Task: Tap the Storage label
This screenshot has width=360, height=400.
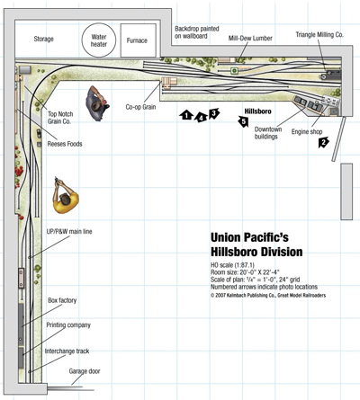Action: click(x=44, y=39)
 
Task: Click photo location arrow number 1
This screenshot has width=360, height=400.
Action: click(x=186, y=115)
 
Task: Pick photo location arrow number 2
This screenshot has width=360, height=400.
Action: click(x=323, y=142)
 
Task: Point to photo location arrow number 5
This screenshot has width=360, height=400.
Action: click(x=243, y=121)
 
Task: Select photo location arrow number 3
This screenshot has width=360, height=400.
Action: click(x=214, y=113)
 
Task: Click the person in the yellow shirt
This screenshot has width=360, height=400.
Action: click(x=65, y=196)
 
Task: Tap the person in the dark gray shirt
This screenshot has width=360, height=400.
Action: click(x=96, y=103)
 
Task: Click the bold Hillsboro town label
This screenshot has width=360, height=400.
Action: click(x=257, y=111)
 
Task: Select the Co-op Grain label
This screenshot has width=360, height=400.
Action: click(x=140, y=107)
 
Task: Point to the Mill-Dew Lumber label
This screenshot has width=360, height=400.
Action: click(x=250, y=39)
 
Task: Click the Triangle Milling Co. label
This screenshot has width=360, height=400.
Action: click(x=319, y=35)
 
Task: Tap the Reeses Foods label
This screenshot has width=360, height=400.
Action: click(x=65, y=144)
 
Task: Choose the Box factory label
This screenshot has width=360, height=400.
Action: click(x=62, y=300)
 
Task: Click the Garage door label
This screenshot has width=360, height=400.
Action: click(x=85, y=371)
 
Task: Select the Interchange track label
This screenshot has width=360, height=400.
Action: click(x=67, y=351)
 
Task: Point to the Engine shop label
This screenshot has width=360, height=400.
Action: click(x=307, y=132)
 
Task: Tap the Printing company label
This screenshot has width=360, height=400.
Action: click(x=68, y=325)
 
